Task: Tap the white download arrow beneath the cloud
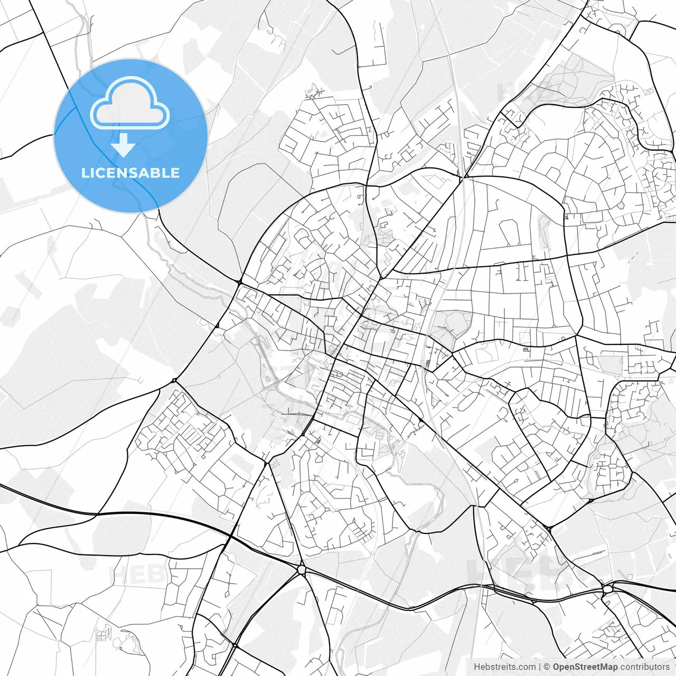[123, 145]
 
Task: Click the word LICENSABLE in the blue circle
[130, 173]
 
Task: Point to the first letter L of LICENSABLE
[85, 173]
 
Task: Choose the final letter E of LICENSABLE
[175, 173]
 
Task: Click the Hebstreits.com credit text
[504, 667]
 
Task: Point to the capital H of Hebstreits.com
[477, 667]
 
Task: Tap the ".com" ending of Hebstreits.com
[526, 667]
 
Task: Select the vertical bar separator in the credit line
[540, 667]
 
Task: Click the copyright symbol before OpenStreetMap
[547, 667]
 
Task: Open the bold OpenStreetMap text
[585, 667]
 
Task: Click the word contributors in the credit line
[645, 667]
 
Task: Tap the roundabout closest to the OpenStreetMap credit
[607, 588]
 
